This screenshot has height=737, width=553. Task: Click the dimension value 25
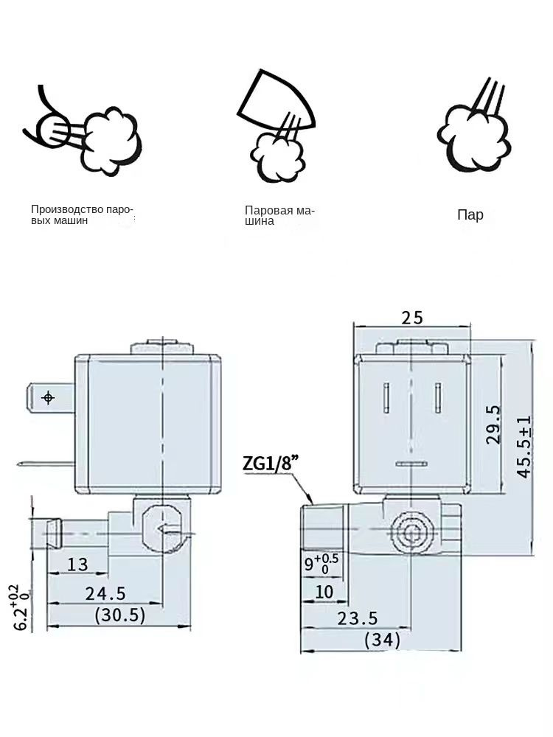coord(412,318)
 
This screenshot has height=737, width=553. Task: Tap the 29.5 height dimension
coord(493,424)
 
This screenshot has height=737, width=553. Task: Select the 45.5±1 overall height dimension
coord(524,447)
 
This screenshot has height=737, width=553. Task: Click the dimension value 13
coord(77,565)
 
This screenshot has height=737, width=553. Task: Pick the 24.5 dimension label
coord(106,593)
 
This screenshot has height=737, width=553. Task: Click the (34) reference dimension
coord(383,640)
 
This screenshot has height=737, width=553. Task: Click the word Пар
coord(470,215)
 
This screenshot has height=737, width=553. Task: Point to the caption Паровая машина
coord(279,216)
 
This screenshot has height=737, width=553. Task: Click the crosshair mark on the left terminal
coord(49,398)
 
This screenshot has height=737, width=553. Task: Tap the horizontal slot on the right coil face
coord(411,464)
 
